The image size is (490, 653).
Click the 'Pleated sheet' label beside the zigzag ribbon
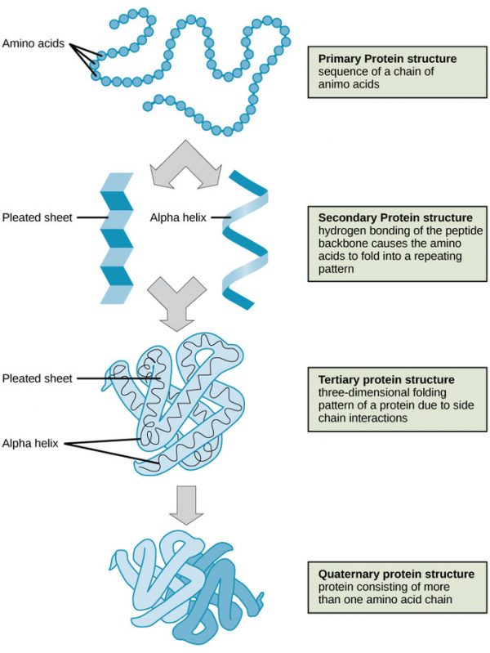click(38, 217)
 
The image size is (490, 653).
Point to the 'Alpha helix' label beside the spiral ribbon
click(177, 217)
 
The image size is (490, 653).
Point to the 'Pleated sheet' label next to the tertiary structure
click(38, 378)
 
